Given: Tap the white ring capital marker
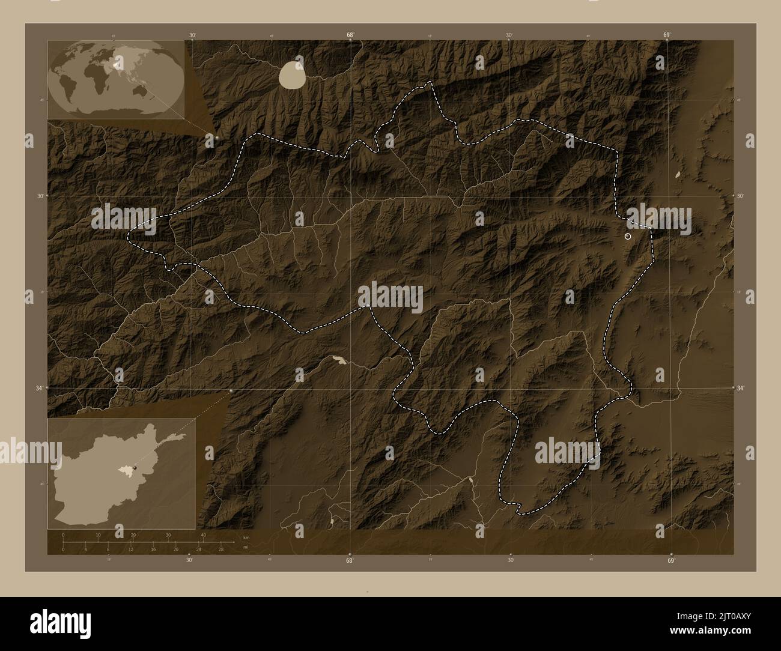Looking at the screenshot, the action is click(x=628, y=237).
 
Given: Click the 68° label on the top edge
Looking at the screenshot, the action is click(x=350, y=35).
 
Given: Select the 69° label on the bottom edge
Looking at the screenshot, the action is click(x=671, y=560).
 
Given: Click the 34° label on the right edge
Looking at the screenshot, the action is click(x=740, y=388).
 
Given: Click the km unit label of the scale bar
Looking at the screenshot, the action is click(x=245, y=537).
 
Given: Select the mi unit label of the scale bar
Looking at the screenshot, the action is click(x=245, y=547).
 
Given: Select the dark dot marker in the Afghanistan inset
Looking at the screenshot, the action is click(x=135, y=467).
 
